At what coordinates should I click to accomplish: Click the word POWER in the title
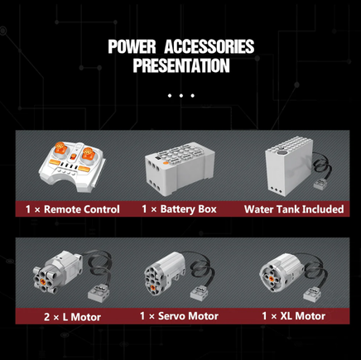[132, 46]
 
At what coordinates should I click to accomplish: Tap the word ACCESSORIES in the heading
[209, 46]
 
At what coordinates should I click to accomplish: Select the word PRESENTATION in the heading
[181, 65]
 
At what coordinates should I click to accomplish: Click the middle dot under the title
[181, 96]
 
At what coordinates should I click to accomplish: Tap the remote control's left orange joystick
[60, 148]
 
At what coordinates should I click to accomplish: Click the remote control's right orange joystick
[88, 153]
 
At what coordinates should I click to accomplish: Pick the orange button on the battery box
[166, 163]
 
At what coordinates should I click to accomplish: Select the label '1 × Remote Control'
[73, 209]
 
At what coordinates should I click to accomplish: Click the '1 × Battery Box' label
[179, 209]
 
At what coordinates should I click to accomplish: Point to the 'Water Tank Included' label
[294, 209]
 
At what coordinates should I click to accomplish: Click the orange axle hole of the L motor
[43, 281]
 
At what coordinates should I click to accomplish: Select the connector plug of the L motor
[98, 293]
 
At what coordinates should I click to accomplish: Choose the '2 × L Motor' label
[72, 317]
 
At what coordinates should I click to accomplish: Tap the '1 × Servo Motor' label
[179, 316]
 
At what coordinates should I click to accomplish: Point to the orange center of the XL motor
[272, 278]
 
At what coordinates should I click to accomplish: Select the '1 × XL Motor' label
[294, 316]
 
